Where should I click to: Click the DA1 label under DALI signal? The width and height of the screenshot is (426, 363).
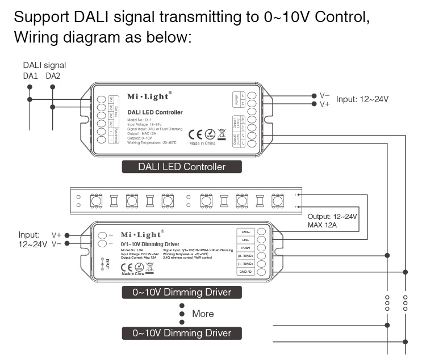[x=30, y=76]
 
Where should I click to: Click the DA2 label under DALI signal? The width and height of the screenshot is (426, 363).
[x=53, y=76]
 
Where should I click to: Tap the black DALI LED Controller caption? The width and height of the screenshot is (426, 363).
[x=182, y=167]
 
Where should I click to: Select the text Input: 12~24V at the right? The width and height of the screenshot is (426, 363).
[x=362, y=99]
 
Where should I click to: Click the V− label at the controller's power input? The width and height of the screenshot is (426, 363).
[x=325, y=95]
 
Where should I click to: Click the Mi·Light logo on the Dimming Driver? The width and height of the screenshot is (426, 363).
[x=142, y=234]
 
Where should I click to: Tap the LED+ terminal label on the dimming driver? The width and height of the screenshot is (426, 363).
[x=245, y=231]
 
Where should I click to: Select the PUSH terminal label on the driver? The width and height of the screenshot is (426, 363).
[x=245, y=247]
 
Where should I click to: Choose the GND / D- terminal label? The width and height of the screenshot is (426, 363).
[x=245, y=272]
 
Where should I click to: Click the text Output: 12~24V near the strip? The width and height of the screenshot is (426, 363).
[x=332, y=217]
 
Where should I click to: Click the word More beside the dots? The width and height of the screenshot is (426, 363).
[x=203, y=314]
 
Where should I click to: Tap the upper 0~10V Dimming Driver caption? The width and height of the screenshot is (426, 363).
[x=182, y=293]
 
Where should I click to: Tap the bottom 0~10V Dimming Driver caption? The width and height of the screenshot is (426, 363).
[x=182, y=334]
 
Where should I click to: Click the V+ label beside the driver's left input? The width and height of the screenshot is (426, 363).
[x=57, y=235]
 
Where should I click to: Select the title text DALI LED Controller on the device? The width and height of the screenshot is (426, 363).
[x=155, y=112]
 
